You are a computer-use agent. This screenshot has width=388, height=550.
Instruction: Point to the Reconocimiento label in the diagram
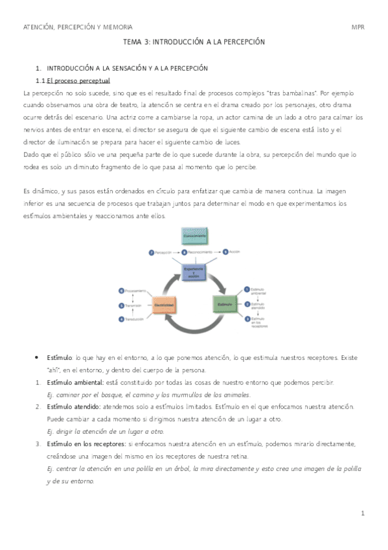coord(200,251)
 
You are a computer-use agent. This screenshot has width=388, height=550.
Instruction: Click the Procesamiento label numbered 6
coord(133,291)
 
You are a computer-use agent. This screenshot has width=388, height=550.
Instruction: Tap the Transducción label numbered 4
coord(133,320)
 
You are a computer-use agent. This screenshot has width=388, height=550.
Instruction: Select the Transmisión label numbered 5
coord(133,305)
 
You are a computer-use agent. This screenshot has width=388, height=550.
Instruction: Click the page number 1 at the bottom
coord(363,514)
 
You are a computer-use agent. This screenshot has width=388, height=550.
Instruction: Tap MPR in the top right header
coord(358,27)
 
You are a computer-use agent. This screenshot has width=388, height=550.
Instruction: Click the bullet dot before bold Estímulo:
coord(38,358)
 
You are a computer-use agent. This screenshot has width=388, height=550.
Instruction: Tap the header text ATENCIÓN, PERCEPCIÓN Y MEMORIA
coord(77,27)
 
